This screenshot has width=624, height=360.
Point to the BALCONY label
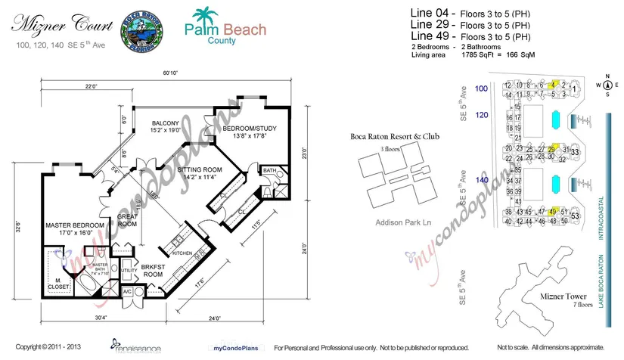point(165,126)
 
